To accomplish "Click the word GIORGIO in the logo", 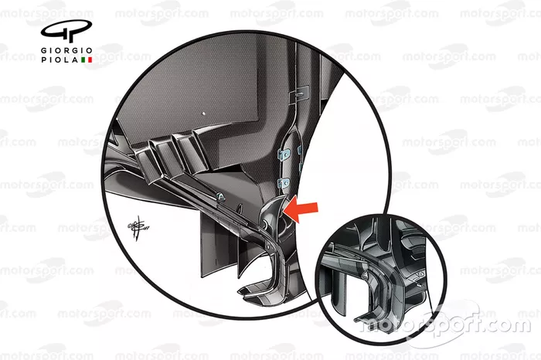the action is [x=66, y=51].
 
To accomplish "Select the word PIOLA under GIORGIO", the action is [x=60, y=59].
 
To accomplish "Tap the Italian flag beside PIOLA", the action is [x=87, y=59].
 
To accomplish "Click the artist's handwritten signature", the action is [x=138, y=228].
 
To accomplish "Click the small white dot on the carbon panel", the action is [x=203, y=113].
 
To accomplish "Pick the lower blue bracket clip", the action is [x=284, y=183].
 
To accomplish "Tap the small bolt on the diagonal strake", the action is [x=220, y=197].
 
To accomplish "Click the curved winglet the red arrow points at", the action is [x=274, y=213].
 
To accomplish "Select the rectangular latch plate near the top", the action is [x=300, y=93].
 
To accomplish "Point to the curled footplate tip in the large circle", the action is [x=255, y=290].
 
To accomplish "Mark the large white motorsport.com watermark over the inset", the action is [x=445, y=324].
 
